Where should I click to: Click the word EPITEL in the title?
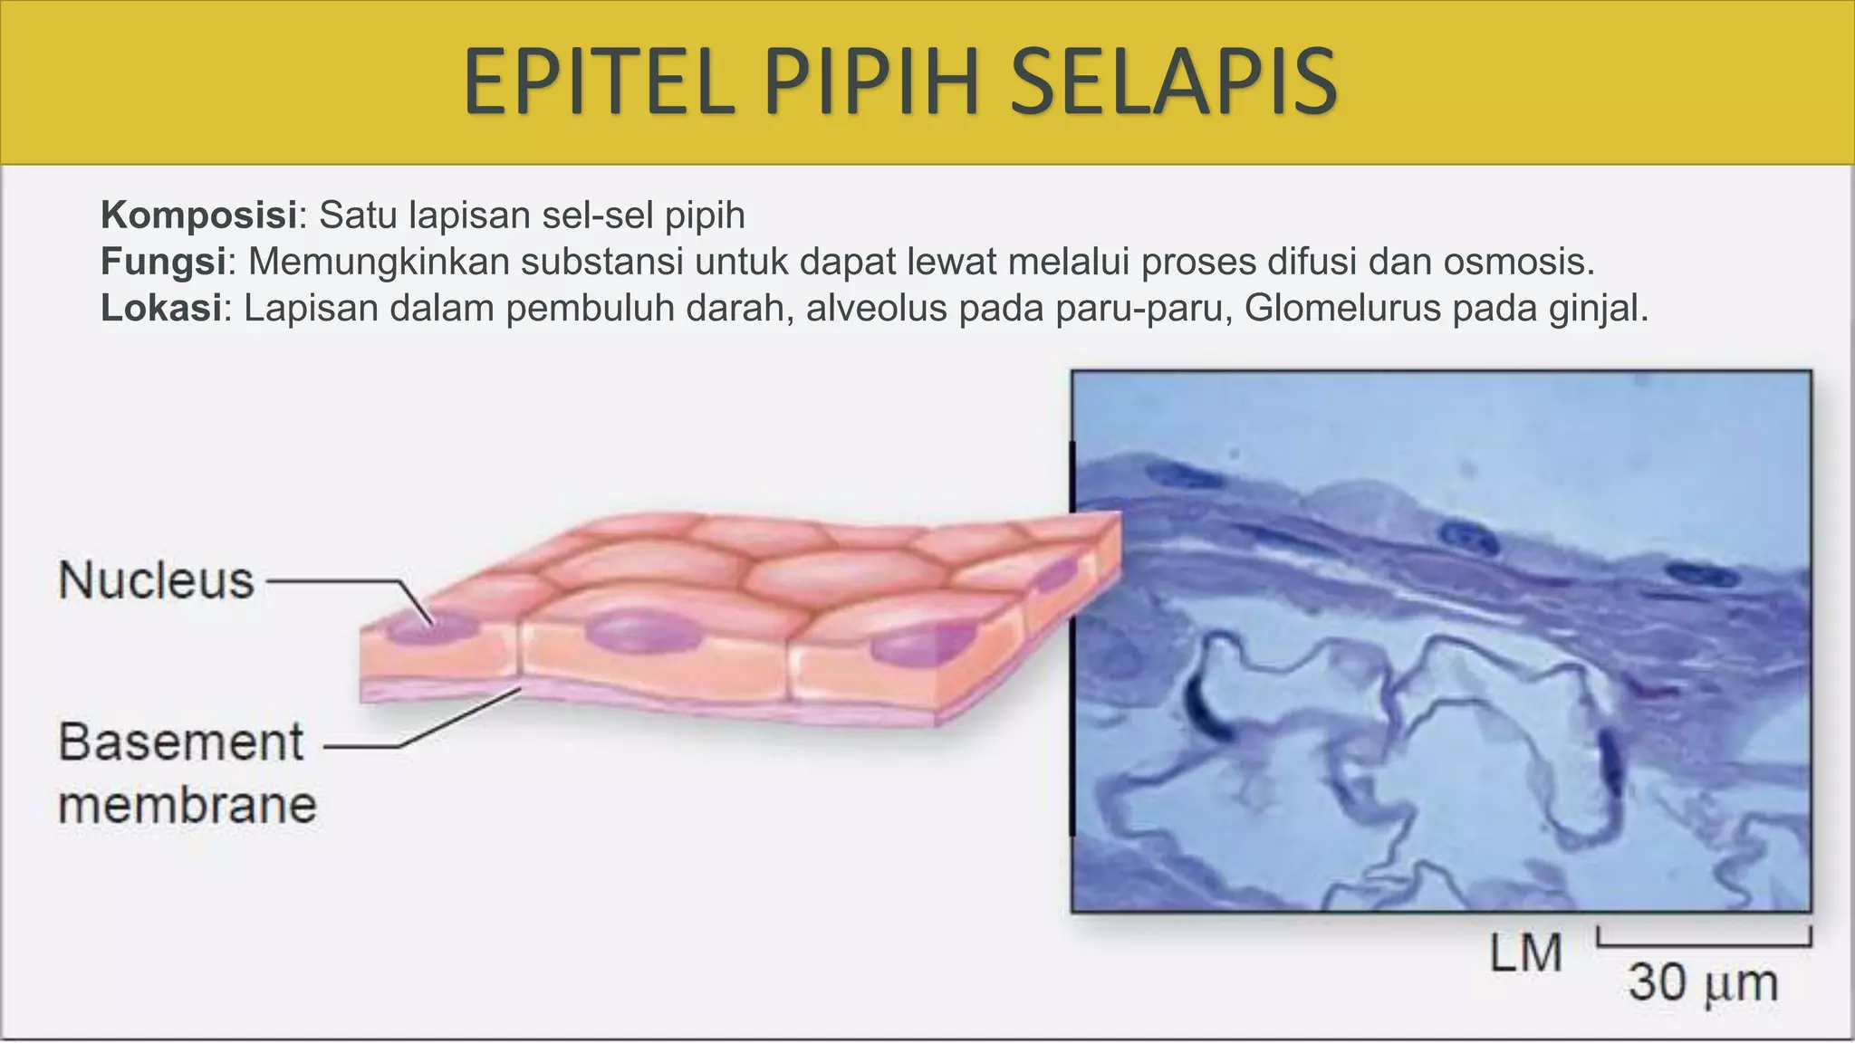[598, 83]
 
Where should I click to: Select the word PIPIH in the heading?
[872, 83]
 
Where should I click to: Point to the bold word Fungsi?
[163, 263]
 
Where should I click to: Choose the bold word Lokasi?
[161, 309]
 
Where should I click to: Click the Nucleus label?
[156, 580]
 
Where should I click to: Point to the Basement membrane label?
[187, 773]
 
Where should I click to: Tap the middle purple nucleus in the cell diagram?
[643, 630]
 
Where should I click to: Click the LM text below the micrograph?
[1526, 953]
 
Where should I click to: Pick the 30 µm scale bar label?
[1703, 983]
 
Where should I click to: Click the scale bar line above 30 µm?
[1704, 944]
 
